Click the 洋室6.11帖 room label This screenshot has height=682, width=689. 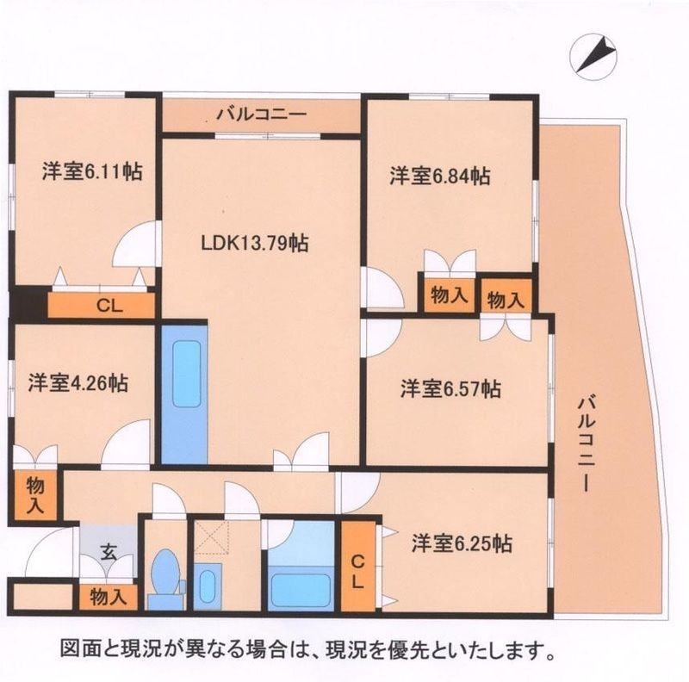tap(92, 171)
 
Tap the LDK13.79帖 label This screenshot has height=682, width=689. tap(255, 243)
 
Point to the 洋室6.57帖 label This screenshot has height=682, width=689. tap(450, 388)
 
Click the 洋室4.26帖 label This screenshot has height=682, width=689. tap(78, 382)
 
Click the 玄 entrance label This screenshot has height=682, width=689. tap(109, 552)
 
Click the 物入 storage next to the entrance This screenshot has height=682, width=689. tap(109, 596)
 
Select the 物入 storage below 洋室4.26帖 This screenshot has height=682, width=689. tap(34, 494)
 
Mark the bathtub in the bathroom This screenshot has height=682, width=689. tap(301, 590)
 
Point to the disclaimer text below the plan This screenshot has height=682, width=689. tap(306, 648)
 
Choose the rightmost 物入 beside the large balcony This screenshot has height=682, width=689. tap(505, 299)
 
